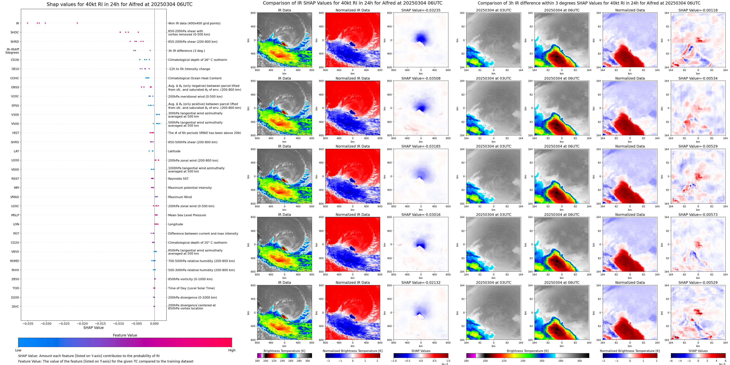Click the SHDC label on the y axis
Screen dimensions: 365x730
coord(15,33)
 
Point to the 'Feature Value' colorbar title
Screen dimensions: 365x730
coord(125,335)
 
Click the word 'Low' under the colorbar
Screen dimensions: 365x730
coord(18,350)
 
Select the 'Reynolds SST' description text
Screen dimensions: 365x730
coord(178,179)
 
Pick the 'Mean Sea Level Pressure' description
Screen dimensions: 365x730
coord(187,215)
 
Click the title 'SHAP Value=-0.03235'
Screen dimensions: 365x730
coord(421,10)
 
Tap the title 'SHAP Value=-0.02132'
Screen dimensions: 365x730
coord(421,283)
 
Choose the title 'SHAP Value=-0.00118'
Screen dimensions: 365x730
coord(698,10)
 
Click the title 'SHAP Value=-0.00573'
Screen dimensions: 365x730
coord(698,215)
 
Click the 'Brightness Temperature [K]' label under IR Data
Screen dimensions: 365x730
coord(284,351)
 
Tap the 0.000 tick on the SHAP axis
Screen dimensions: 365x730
coord(154,324)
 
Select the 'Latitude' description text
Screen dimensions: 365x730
coord(174,151)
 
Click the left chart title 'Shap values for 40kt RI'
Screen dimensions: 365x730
coord(119,4)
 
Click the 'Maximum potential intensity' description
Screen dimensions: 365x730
coord(190,188)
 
